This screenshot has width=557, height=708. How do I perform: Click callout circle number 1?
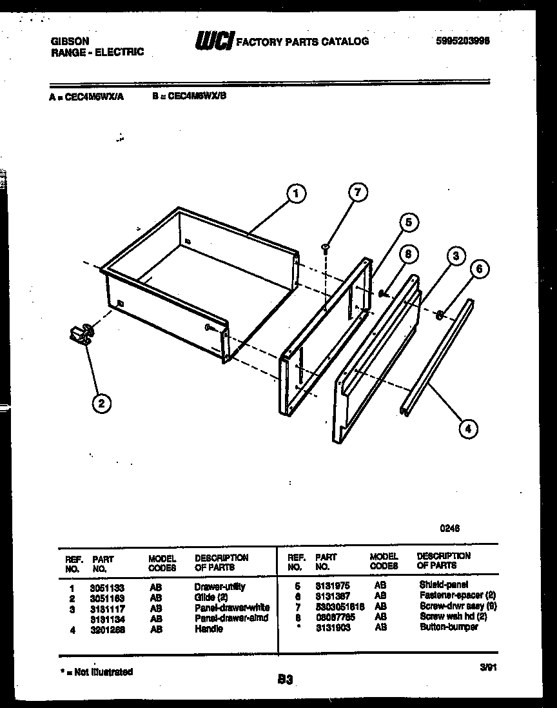point(295,193)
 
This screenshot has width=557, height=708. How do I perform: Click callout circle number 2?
point(101,404)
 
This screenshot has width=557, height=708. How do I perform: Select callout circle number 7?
point(358,192)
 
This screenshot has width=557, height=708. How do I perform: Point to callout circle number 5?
point(407,222)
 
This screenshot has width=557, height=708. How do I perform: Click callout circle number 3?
point(456,256)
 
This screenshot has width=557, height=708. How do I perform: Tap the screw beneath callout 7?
point(326,246)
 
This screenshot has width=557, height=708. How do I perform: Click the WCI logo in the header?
point(215,40)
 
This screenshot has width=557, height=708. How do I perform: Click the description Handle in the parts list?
point(208,629)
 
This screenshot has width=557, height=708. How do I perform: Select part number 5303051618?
point(340,607)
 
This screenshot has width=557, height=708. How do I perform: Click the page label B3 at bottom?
point(285,678)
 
